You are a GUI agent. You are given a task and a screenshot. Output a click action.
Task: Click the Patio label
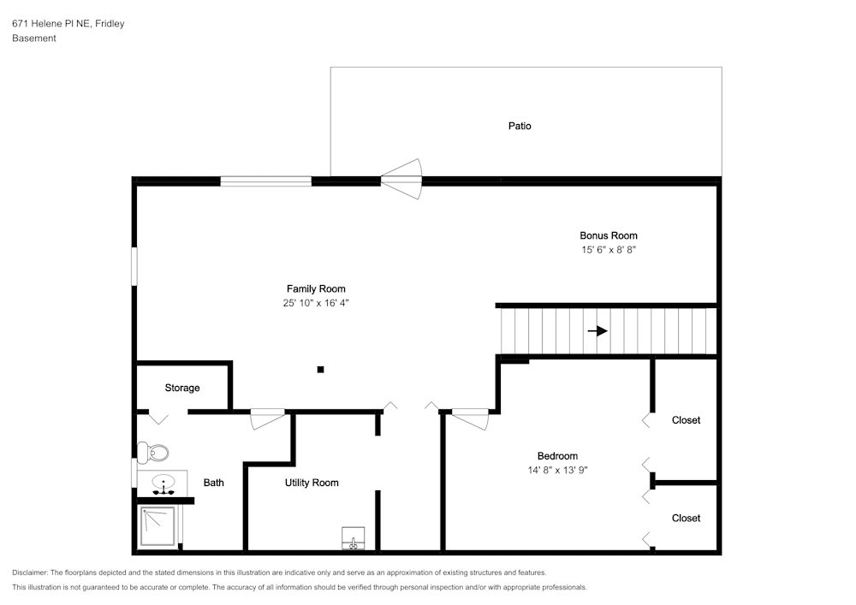[520, 126]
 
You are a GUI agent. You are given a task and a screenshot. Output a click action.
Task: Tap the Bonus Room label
[608, 235]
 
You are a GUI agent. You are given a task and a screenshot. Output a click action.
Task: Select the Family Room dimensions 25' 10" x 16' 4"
[316, 303]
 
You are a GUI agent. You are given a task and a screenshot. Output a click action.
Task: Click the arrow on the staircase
[597, 330]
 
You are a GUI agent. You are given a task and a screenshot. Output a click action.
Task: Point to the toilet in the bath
[153, 452]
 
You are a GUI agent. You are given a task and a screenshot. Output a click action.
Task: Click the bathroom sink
[163, 483]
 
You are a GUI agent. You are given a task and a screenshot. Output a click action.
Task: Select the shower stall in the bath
[158, 526]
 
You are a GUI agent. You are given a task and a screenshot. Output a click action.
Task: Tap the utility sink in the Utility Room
[354, 538]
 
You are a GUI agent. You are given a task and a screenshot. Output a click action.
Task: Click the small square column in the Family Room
[320, 370]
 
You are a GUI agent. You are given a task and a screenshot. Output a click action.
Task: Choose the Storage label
[182, 388]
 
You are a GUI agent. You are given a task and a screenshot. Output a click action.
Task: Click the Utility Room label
[312, 483]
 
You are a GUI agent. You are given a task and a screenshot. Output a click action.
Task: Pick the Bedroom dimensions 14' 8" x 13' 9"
[557, 470]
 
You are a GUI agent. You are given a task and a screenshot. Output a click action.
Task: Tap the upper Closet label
[687, 420]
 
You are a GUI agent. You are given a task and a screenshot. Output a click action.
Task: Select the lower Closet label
[687, 519]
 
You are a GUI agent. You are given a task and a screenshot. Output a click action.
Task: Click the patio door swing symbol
[402, 179]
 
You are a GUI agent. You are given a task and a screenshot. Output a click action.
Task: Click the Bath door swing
[267, 419]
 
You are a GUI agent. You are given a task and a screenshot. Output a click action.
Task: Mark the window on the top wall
[266, 181]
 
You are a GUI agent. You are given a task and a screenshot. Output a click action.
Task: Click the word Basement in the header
[34, 39]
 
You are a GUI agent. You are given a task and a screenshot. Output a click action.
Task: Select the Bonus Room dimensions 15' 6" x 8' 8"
[608, 250]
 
